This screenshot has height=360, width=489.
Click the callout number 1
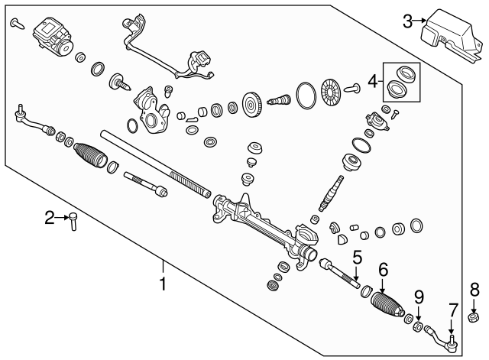(x=163, y=284)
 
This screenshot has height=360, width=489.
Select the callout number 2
(x=50, y=218)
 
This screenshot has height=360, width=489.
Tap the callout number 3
(x=408, y=21)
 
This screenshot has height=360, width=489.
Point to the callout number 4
(x=373, y=82)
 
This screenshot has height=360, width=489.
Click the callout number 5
(x=358, y=258)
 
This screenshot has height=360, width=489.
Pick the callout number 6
(x=384, y=270)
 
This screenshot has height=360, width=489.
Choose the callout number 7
(x=453, y=310)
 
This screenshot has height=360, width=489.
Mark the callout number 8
(x=474, y=290)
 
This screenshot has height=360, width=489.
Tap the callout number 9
(x=419, y=297)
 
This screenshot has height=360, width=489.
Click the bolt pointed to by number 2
(x=73, y=221)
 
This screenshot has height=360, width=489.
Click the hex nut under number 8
(x=474, y=318)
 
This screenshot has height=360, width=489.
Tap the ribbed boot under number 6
(x=387, y=305)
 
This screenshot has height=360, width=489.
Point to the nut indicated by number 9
(x=418, y=326)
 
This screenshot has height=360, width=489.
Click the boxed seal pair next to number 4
(x=402, y=82)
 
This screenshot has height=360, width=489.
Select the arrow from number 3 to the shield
(x=419, y=21)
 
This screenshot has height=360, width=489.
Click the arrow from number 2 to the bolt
(x=62, y=217)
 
